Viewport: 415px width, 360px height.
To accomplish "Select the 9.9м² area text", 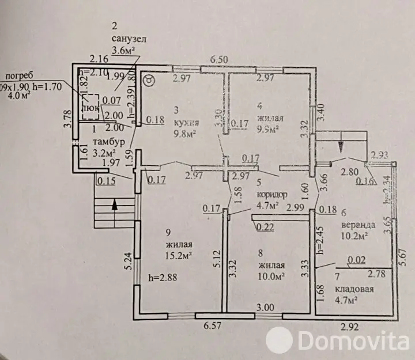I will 271,130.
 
